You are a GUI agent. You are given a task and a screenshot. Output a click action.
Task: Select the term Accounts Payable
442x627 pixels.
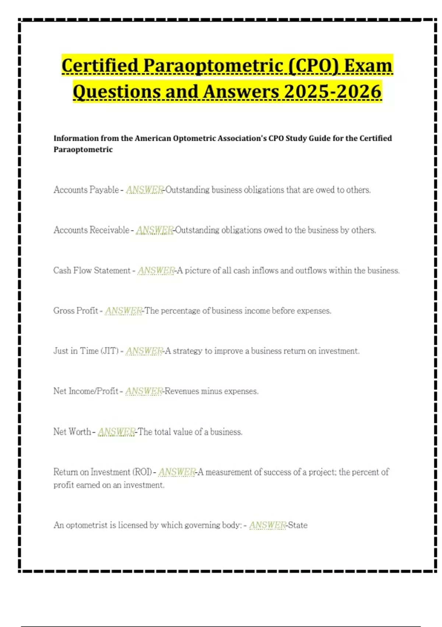coord(86,190)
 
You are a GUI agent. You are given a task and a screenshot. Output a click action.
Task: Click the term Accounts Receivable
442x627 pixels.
coord(91,230)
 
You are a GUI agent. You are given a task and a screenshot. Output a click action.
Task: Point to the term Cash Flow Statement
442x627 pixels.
coord(92,270)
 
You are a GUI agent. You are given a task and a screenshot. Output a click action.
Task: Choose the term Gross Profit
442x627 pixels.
coord(76,311)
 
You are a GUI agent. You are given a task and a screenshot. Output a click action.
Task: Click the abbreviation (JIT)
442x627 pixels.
coord(109,351)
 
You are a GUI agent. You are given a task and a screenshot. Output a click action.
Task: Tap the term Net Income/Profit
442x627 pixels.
coord(85,391)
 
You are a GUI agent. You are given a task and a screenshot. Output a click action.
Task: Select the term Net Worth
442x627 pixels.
coord(72,432)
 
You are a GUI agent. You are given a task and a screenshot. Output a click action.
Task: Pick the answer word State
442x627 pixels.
coord(298,525)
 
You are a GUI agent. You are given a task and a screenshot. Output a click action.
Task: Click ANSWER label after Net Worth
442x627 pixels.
coord(116,432)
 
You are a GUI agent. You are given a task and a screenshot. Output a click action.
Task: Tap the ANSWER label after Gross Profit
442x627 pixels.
coord(123,311)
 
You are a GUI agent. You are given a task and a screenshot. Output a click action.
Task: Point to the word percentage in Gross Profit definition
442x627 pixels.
coord(180,311)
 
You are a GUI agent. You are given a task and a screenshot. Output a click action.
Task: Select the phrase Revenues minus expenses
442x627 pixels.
coord(211,391)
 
